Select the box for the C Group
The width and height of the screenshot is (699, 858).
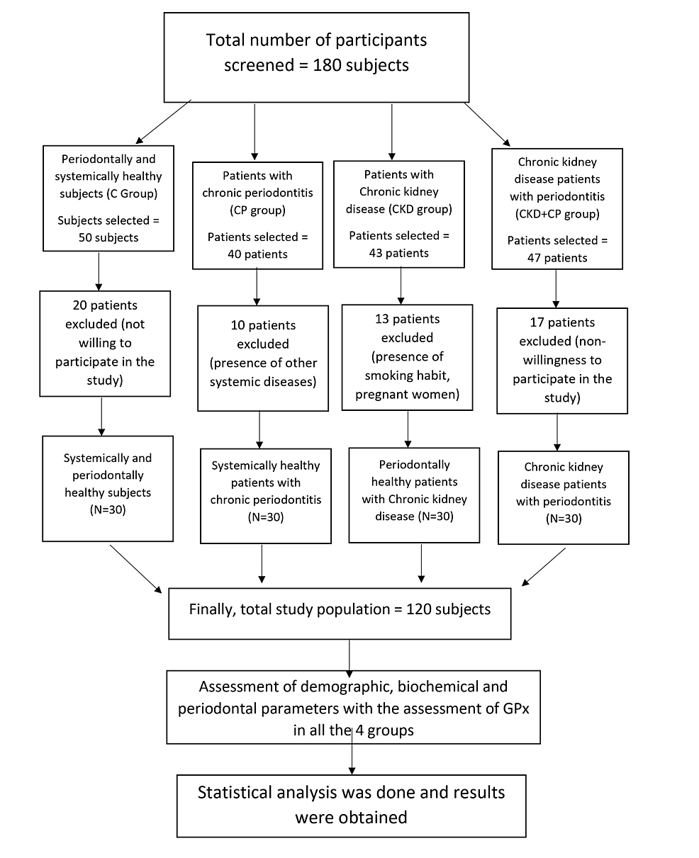point(108,198)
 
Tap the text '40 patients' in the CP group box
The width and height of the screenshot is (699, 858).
point(257,254)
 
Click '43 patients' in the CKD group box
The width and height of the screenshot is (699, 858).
point(398,253)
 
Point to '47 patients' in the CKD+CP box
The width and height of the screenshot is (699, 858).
point(557,258)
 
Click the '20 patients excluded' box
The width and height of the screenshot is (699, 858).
point(105,344)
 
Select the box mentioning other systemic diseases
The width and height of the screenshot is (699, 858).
point(263,358)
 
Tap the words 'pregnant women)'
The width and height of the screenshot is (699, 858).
point(407,394)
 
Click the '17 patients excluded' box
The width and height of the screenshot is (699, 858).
point(562,361)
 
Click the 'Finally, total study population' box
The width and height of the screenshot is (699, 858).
point(340,614)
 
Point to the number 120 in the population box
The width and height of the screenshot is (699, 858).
point(419,609)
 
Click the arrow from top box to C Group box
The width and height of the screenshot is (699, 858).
point(163,122)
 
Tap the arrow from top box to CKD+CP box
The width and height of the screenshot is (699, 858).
point(487,124)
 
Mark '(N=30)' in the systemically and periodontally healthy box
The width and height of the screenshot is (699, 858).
point(108,510)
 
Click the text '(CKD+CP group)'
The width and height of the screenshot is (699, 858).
point(557,214)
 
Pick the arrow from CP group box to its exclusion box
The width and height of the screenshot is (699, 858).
point(257,287)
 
